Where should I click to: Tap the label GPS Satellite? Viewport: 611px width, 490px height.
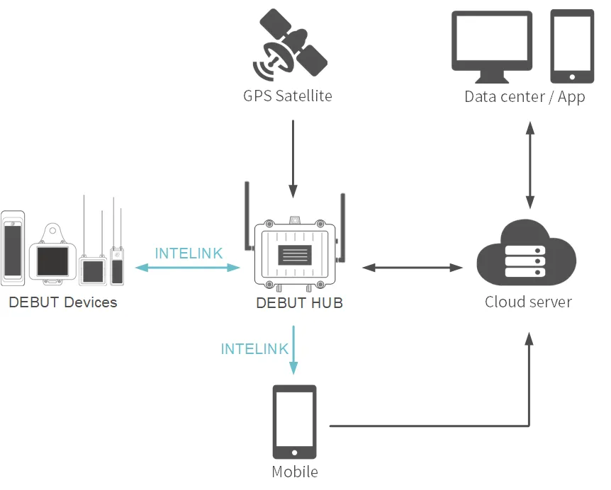pos(287,96)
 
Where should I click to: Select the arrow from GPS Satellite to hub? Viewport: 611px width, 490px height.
pos(293,158)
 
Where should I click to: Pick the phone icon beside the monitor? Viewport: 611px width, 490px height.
pos(572,46)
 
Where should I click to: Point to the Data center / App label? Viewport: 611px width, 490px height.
pos(525,96)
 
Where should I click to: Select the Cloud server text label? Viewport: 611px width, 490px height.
pos(528,302)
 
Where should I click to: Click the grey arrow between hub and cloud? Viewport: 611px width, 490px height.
pos(412,268)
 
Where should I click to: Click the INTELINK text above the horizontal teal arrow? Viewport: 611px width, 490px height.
pos(189,253)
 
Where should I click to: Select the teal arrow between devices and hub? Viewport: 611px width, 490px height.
pos(188,268)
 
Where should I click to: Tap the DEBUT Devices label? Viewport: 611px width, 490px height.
pos(63,303)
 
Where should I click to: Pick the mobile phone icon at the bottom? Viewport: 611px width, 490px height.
pos(295,423)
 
